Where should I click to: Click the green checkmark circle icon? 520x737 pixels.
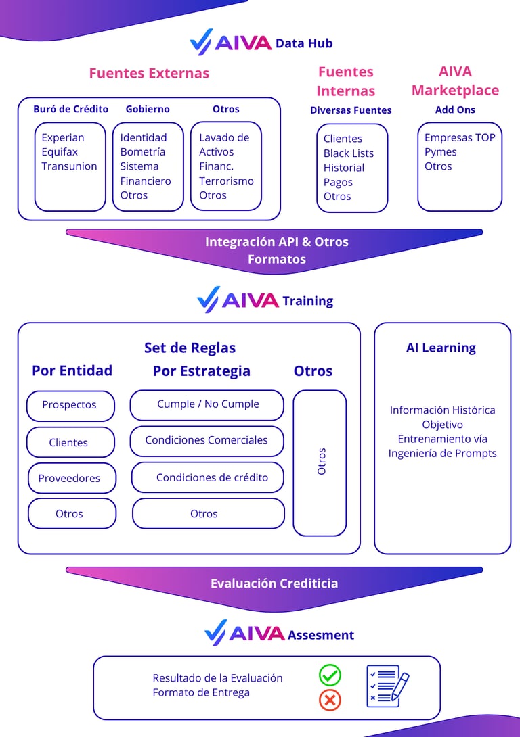[330, 675]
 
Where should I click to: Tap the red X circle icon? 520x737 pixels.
[330, 700]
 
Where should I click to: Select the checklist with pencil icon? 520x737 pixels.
[387, 686]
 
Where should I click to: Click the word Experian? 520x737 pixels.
[63, 137]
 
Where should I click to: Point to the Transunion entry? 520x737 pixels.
[69, 166]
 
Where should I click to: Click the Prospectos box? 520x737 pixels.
[70, 405]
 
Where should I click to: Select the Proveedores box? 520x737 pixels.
[70, 478]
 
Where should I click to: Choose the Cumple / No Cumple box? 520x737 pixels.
[208, 404]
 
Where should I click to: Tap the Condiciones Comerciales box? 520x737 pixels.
[207, 440]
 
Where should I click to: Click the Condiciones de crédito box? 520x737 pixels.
[211, 477]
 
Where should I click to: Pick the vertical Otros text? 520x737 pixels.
[322, 460]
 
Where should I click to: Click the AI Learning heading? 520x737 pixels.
[441, 348]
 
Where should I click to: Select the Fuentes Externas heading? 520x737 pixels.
[149, 73]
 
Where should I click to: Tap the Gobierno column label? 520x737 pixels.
[148, 109]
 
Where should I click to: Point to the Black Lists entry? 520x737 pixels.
[349, 153]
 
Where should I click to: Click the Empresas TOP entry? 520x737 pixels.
[460, 137]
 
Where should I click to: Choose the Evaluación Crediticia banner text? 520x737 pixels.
[274, 583]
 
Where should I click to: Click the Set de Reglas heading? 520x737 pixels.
[190, 348]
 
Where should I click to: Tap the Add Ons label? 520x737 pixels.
[455, 110]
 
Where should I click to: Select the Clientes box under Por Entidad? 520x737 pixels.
[69, 442]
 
